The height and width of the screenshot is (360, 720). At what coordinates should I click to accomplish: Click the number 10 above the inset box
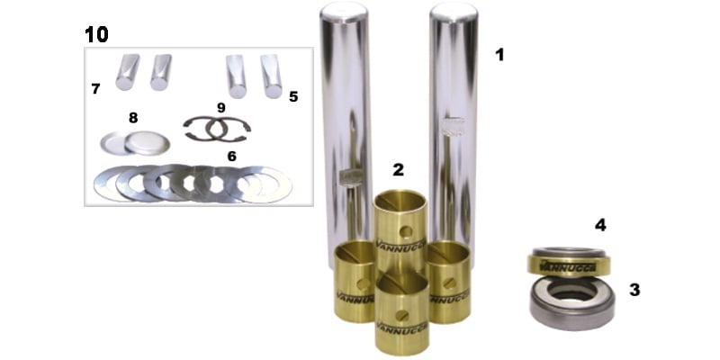[x=96, y=34]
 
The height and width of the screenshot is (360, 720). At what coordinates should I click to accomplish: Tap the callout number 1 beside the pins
[x=499, y=55]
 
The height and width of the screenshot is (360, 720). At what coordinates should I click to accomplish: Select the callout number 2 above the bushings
[x=398, y=169]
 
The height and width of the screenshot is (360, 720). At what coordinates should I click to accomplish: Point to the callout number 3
[x=634, y=290]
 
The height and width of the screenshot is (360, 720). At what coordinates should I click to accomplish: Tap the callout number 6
[x=95, y=88]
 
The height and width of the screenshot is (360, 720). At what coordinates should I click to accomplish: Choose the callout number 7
[x=133, y=118]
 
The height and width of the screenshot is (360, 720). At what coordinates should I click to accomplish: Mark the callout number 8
[x=221, y=108]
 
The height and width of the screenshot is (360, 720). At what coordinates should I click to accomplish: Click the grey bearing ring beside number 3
[x=571, y=303]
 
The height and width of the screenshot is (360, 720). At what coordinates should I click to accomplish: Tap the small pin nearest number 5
[x=272, y=76]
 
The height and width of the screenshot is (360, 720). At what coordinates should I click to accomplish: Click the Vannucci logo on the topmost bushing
[x=400, y=243]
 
